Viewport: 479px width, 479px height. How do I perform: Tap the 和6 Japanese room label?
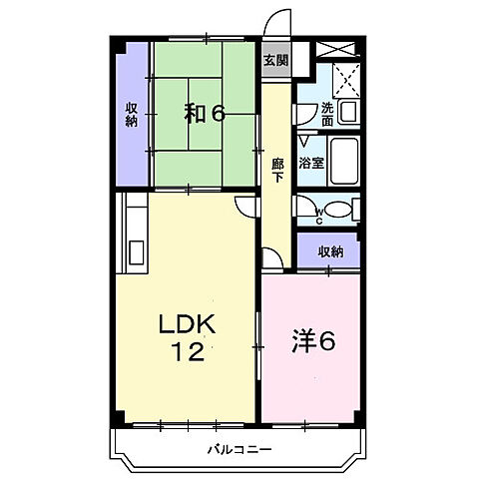(205, 113)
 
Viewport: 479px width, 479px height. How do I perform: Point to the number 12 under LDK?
(187, 351)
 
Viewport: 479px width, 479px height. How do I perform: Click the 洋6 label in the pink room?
(312, 341)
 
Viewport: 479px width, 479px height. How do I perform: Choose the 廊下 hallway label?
(277, 171)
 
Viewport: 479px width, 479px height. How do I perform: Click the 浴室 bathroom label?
(310, 163)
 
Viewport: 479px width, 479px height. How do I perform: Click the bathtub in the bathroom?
(343, 162)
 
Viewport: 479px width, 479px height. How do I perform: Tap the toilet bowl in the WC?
(339, 209)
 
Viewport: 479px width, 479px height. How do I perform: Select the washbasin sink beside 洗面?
(348, 111)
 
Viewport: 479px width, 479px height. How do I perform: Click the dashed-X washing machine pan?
(345, 78)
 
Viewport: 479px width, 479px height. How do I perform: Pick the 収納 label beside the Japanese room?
(132, 114)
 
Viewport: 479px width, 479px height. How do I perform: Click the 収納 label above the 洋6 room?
(330, 252)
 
